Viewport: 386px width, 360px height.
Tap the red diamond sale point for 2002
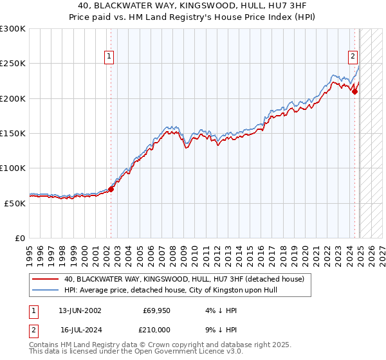coord(111,189)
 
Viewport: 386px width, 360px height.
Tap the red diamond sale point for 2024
coord(354,91)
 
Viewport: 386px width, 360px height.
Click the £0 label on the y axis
coord(19,238)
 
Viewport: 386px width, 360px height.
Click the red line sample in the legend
coord(46,278)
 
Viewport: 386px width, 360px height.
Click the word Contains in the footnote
coord(44,345)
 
